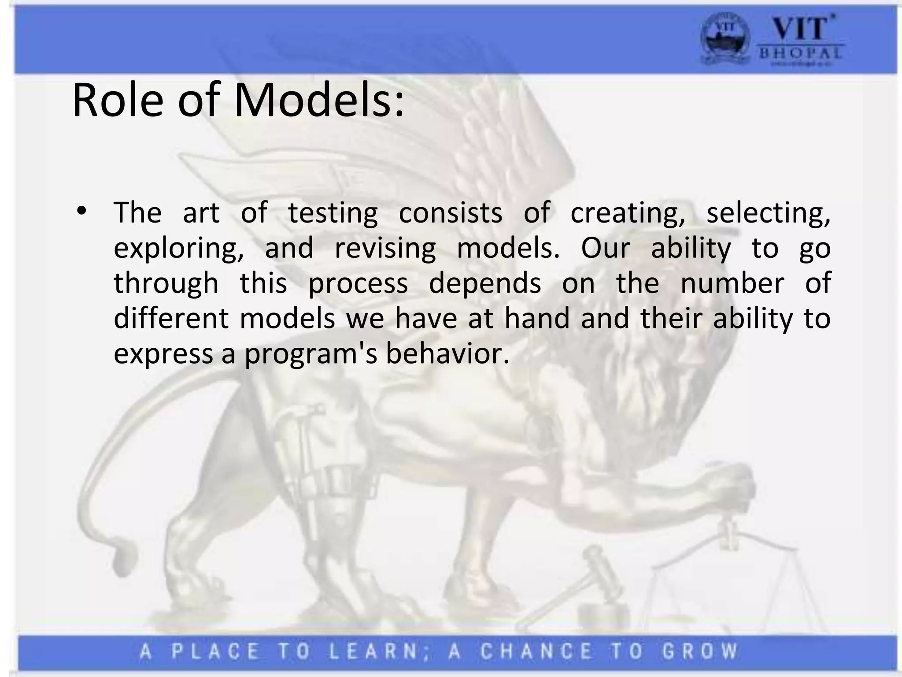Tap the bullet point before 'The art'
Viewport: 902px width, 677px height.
pos(81,212)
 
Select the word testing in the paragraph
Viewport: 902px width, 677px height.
pos(333,213)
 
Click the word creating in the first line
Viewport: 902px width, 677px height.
pos(628,213)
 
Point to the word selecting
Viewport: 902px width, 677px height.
pos(769,213)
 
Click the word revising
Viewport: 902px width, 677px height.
pos(385,249)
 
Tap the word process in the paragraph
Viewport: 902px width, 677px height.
pos(358,284)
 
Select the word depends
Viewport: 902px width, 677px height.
pos(485,284)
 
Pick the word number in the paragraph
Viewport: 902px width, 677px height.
pos(732,283)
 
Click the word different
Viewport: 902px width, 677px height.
pos(171,318)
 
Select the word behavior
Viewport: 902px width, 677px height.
pos(447,353)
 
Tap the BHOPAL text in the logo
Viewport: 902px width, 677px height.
pos(800,53)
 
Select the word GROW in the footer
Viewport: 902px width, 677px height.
pos(700,651)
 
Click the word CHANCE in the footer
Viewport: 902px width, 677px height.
pos(536,651)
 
